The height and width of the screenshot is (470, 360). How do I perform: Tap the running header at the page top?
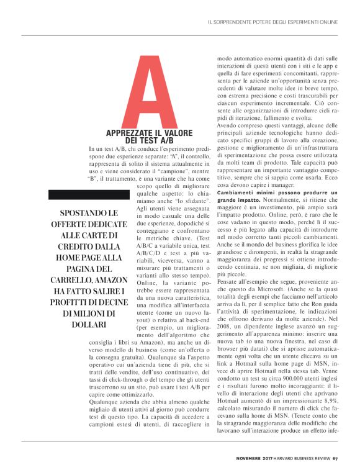point(272,22)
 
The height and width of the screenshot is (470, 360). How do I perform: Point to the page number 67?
point(335,459)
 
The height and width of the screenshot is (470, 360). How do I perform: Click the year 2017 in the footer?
point(268,459)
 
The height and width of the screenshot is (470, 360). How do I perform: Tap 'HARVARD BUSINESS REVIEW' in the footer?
point(302,459)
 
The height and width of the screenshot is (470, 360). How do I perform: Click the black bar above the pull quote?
point(86,194)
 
